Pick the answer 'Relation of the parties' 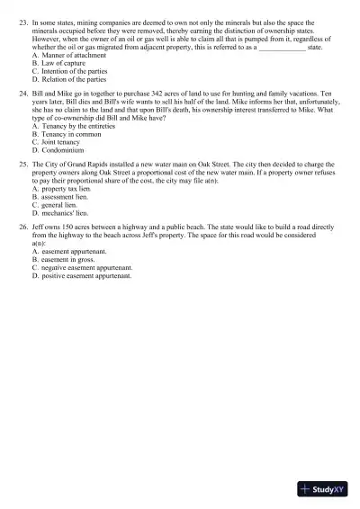(x=68, y=79)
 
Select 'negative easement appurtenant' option (x=85, y=269)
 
